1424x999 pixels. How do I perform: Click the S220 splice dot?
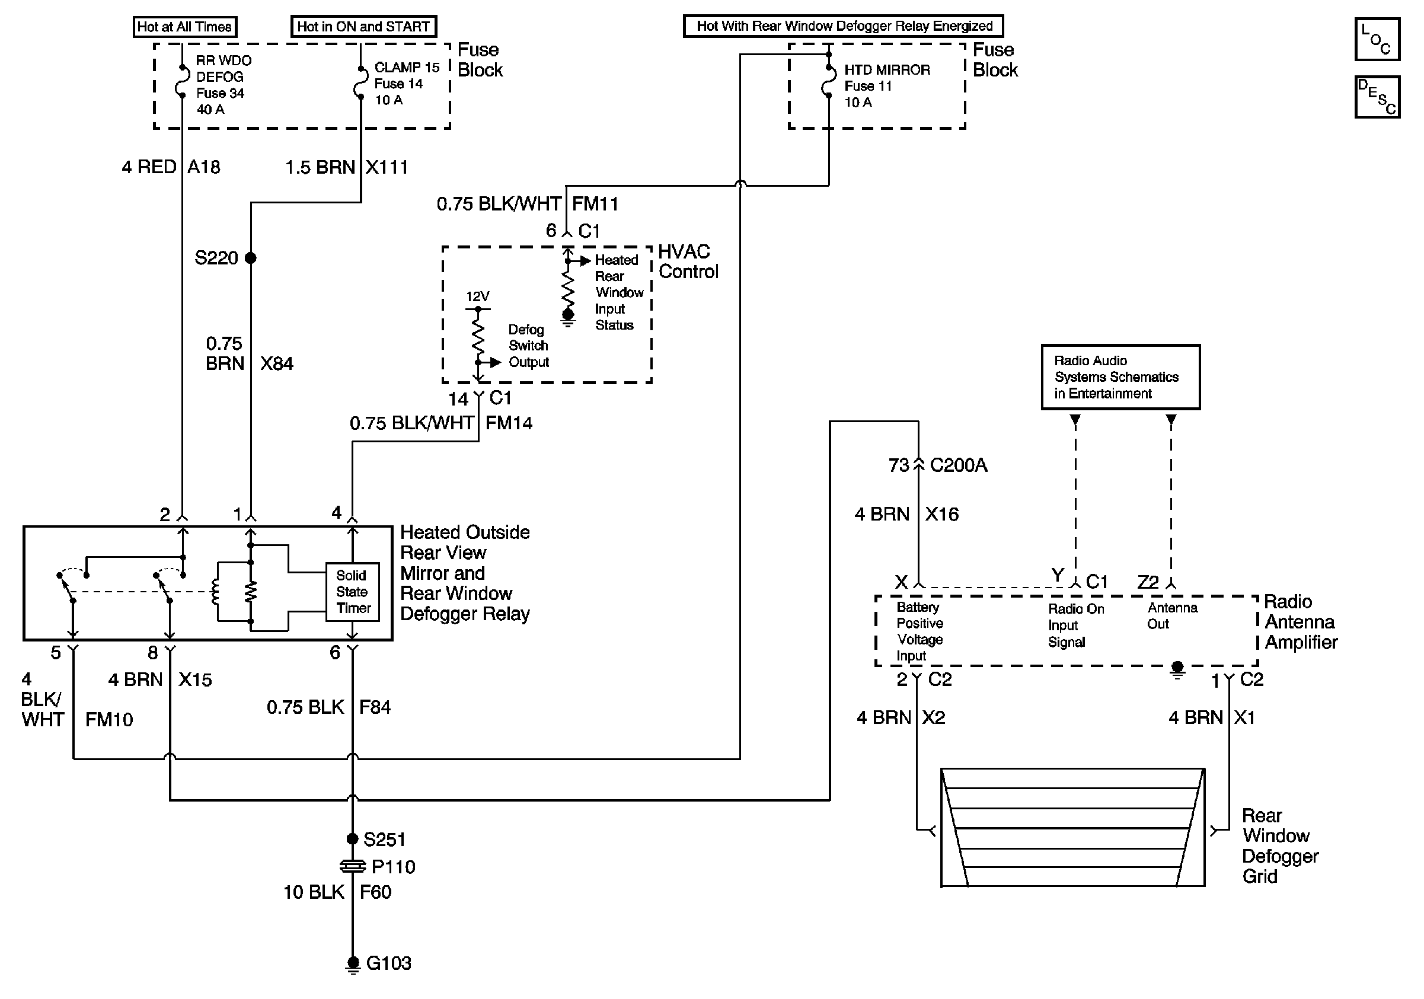251,258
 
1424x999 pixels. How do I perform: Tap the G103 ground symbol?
352,964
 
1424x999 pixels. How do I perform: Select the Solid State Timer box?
352,592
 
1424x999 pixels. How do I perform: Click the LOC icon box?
1376,39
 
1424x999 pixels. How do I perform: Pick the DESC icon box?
1376,97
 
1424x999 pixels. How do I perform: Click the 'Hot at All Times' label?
185,27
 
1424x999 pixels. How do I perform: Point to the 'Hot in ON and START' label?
363,27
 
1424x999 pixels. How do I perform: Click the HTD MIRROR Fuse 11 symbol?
829,81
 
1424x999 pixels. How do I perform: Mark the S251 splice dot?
352,839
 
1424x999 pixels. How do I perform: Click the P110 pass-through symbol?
352,866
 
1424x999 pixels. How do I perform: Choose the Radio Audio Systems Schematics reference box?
1120,377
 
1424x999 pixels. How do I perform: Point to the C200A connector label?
958,465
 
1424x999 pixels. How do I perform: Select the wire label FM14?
509,423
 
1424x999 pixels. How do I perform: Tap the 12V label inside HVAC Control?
478,296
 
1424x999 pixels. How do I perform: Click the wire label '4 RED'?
149,167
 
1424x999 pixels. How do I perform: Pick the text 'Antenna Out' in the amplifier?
1171,616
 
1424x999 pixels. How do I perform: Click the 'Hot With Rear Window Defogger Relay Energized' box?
843,26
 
